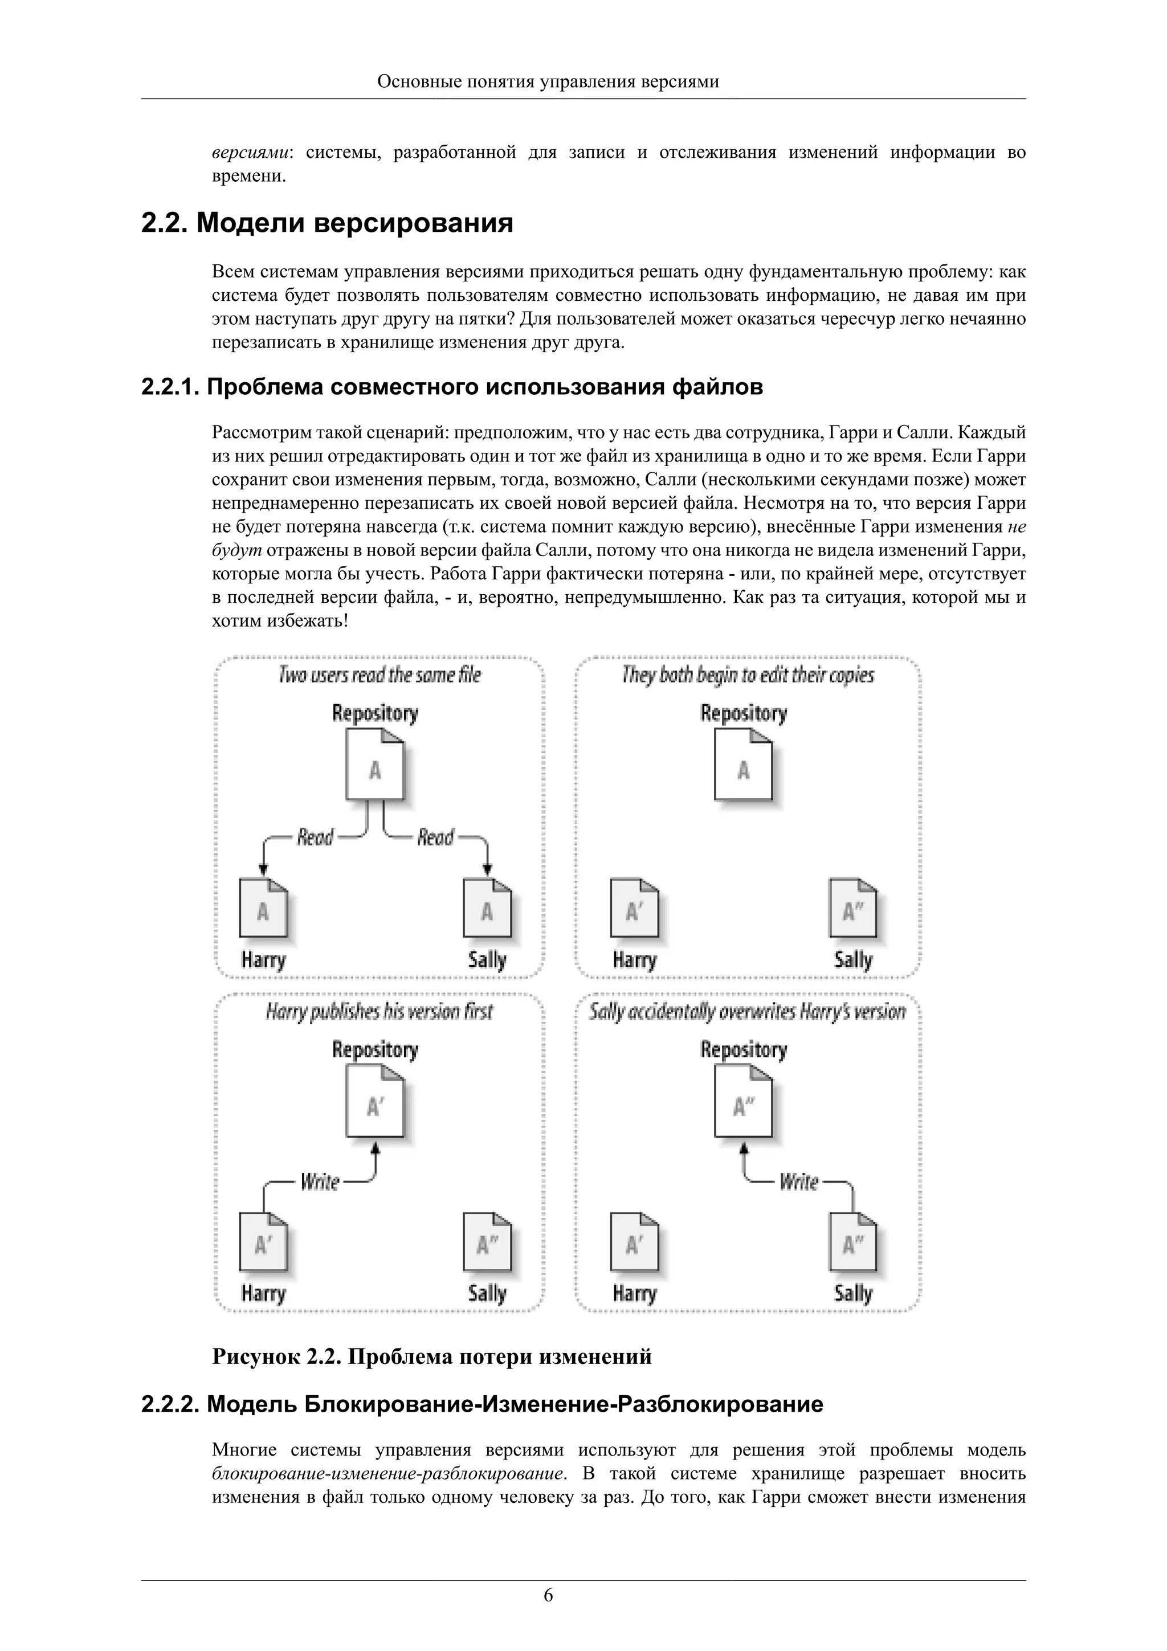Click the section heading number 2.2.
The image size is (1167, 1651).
coord(165,223)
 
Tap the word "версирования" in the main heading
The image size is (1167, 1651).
coord(414,223)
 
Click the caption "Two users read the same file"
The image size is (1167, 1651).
coord(380,675)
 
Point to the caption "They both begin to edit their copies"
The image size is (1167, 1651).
coord(748,675)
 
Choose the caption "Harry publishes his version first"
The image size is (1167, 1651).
coord(379,1012)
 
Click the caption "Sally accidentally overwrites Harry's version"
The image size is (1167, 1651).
coord(747,1012)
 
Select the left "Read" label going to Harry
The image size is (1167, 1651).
coord(316,837)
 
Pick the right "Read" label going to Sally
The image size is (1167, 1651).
coord(436,837)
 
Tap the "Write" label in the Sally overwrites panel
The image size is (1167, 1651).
coord(799,1182)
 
